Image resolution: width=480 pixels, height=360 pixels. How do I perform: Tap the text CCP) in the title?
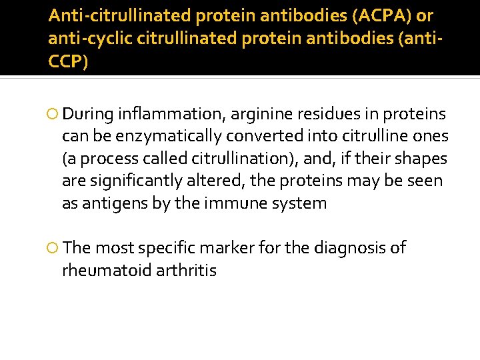[x=67, y=62]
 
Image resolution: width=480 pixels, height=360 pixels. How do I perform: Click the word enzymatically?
[x=170, y=137]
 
